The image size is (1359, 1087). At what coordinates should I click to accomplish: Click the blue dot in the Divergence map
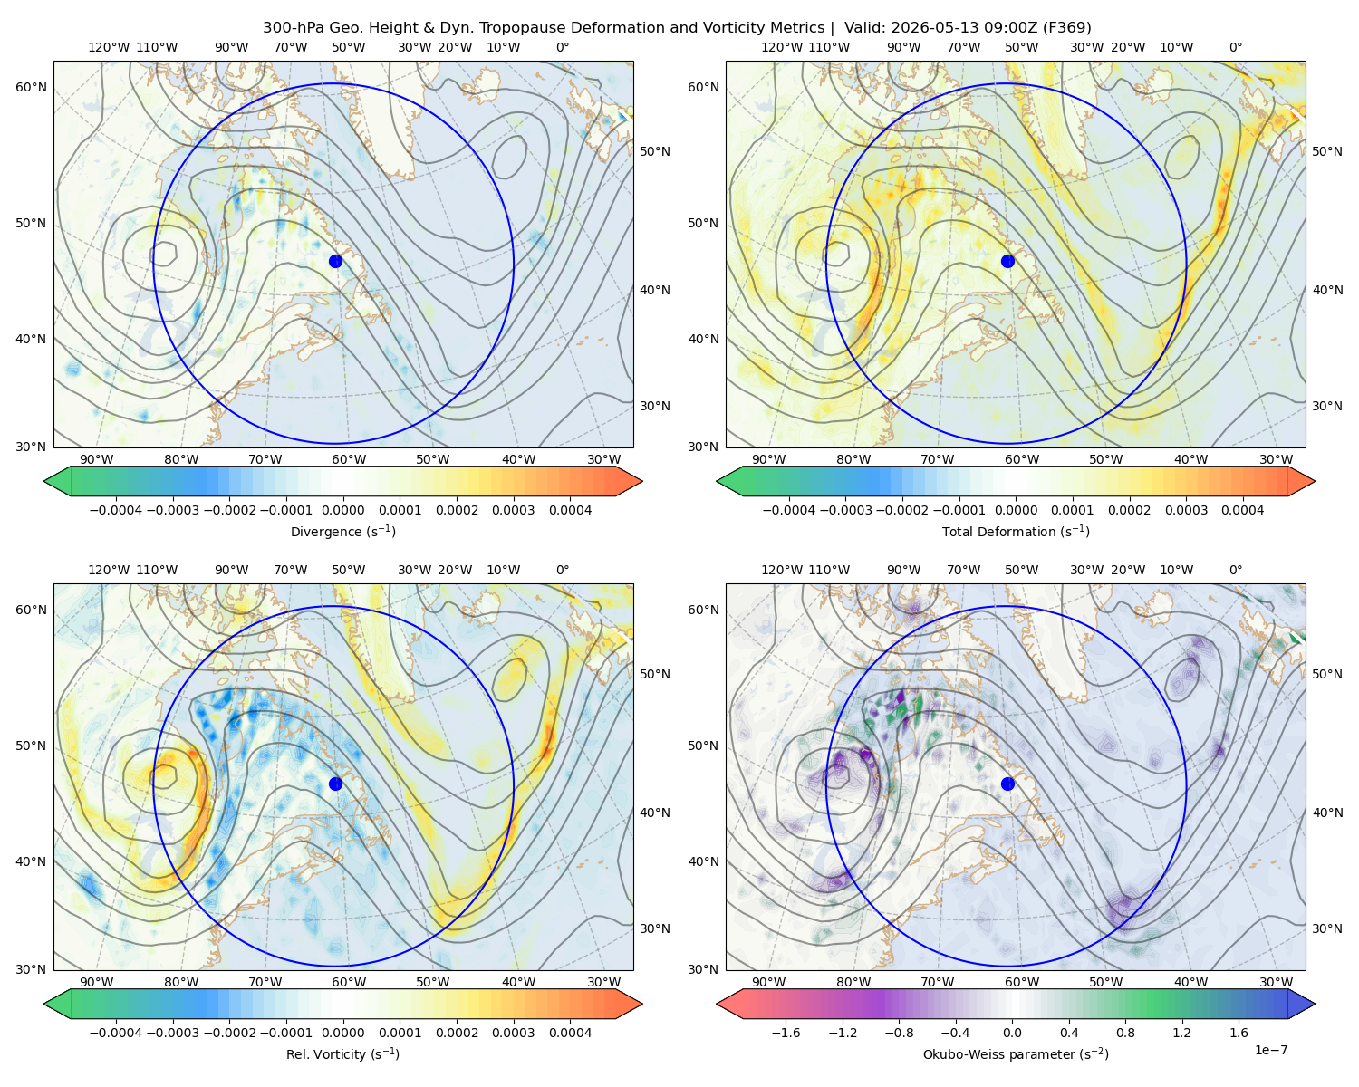click(x=335, y=261)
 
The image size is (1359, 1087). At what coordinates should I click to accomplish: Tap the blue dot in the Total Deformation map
click(x=1007, y=261)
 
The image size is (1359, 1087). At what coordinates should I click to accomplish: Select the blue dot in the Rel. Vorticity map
click(x=335, y=784)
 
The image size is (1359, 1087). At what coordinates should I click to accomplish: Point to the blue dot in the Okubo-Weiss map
click(x=1007, y=784)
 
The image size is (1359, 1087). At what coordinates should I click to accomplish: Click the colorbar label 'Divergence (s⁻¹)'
click(x=342, y=531)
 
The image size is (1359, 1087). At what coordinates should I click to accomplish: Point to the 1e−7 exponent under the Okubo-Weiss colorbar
click(x=1270, y=1050)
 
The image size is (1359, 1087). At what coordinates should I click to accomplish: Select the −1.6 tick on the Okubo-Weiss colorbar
click(x=786, y=1033)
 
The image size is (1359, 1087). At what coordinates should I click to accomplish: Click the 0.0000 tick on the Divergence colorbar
click(x=342, y=510)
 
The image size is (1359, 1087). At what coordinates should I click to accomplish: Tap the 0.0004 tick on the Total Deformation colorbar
click(x=1243, y=510)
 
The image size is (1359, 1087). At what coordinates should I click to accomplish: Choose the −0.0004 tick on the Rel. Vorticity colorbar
click(x=116, y=1033)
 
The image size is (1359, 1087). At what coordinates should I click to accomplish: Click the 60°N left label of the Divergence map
click(x=31, y=87)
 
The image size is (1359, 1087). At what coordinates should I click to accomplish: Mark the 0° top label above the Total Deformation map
click(x=1236, y=47)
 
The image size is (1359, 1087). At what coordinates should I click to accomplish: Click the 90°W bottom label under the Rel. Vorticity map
click(x=97, y=982)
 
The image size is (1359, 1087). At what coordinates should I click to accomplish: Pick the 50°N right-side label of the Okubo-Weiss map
click(x=1327, y=674)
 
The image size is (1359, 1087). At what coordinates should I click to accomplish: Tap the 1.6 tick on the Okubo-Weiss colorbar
click(x=1239, y=1033)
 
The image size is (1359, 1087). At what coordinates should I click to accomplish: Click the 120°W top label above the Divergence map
click(x=109, y=47)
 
